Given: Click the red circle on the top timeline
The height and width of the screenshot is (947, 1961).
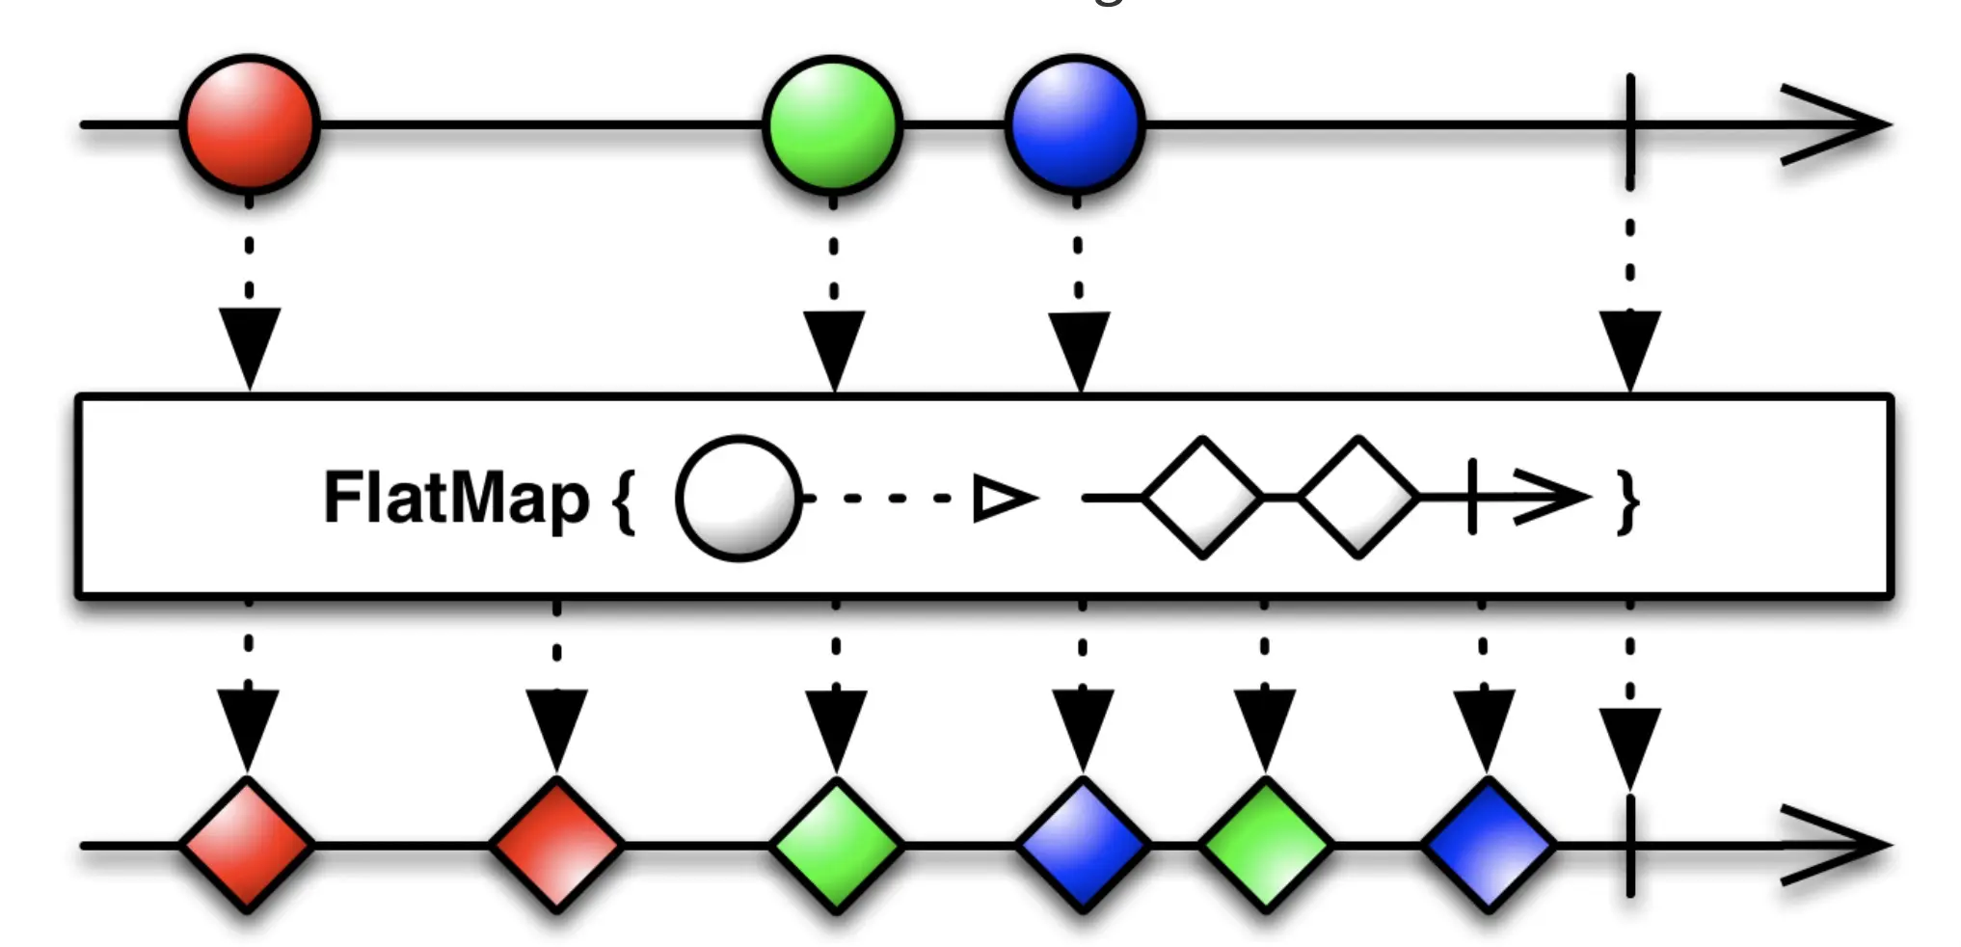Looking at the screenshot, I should pos(250,124).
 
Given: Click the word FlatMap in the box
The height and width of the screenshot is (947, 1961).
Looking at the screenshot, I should pos(456,499).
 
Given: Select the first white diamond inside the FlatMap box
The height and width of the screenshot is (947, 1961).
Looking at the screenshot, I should pos(1203,498).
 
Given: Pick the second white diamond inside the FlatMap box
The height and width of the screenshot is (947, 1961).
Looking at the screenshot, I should pos(1358,498).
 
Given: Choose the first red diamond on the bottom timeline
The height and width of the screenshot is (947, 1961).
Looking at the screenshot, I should pos(248,846).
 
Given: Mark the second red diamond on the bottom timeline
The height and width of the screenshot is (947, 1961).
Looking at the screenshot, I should pos(556,846).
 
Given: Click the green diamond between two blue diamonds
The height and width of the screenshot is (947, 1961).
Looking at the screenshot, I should pos(1266,846).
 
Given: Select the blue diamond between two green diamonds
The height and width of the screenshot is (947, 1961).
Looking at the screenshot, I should pos(1083,846).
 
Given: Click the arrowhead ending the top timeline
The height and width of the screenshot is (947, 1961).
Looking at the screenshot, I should pos(1837,125).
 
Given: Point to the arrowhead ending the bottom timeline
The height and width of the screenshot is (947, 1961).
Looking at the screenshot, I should pos(1837,846).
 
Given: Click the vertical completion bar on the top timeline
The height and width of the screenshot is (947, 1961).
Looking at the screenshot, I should pos(1629,130).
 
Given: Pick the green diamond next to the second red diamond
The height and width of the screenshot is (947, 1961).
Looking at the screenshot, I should pos(836,846).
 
